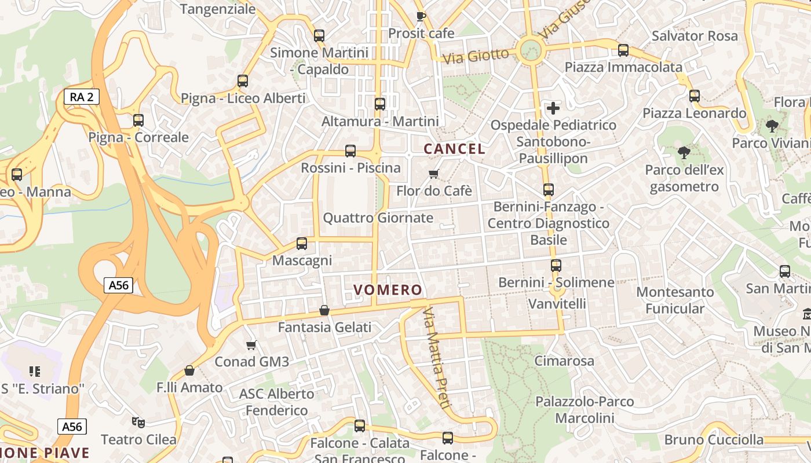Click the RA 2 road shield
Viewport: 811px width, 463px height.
81,97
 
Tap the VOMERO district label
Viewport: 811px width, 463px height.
388,290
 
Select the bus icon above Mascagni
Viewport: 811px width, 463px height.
302,244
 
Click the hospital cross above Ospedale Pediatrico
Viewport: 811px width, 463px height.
553,108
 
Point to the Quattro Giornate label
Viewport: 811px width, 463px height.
378,218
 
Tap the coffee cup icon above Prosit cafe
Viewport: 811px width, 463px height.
421,16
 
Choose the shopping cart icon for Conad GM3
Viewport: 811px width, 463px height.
251,345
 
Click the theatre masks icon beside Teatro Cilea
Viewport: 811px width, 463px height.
137,422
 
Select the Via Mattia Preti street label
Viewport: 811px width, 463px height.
436,359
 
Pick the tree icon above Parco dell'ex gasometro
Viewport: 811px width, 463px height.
684,153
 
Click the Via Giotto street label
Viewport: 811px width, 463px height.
476,56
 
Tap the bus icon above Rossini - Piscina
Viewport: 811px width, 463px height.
350,151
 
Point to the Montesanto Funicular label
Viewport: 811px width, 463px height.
675,300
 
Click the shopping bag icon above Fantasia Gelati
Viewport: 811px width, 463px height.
324,310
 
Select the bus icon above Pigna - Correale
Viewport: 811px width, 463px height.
138,120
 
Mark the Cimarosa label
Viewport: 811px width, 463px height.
564,361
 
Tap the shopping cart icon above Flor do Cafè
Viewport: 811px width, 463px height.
434,174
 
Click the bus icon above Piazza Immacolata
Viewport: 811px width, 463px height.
623,50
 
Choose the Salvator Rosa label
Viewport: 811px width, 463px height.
695,36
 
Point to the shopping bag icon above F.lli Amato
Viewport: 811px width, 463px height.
189,370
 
